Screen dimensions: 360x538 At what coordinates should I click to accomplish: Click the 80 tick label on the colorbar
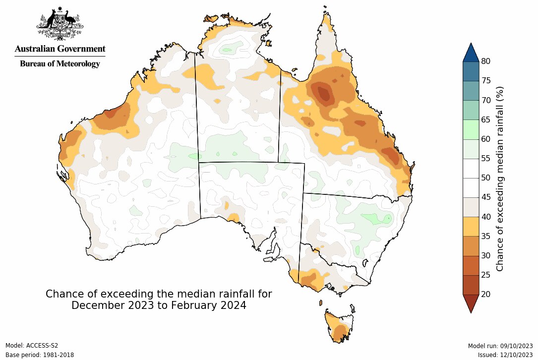(486, 61)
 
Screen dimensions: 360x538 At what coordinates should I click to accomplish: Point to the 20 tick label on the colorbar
(486, 294)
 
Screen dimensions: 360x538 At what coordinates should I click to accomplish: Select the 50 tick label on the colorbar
(486, 178)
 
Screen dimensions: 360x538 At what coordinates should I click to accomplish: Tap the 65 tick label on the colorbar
(486, 120)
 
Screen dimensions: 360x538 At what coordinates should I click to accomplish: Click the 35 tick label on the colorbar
(486, 236)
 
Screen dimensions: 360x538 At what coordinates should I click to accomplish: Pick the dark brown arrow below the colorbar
(471, 302)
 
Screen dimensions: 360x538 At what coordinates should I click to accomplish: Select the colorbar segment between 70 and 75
(471, 90)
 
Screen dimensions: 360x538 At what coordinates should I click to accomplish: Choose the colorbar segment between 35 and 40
(471, 226)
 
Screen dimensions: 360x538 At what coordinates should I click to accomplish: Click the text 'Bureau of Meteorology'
(60, 63)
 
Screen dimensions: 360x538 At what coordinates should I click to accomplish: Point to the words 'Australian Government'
(60, 49)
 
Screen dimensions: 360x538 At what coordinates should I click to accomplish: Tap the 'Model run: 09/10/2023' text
(500, 346)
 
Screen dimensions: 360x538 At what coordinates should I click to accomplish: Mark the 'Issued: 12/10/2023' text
(505, 355)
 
